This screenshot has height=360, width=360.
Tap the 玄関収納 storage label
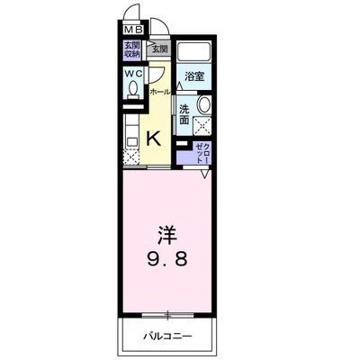[131, 49]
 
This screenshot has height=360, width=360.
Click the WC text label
[131, 73]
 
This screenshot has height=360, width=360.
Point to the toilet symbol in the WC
[133, 90]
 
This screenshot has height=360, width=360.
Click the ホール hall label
[159, 92]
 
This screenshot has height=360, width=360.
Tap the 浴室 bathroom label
[194, 76]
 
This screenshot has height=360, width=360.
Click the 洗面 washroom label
[184, 114]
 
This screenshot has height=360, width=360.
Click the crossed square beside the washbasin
[203, 126]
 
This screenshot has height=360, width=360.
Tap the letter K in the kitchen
[153, 138]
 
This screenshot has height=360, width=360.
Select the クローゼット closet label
[202, 152]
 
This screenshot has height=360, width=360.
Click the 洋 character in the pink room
[168, 235]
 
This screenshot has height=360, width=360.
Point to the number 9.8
[168, 261]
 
